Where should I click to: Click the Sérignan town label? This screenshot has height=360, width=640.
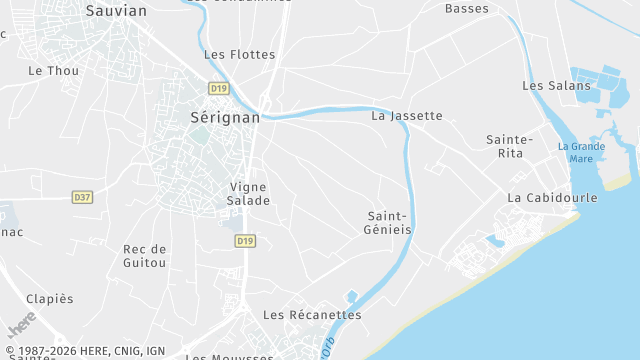(225, 117)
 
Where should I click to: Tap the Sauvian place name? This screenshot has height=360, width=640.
(116, 11)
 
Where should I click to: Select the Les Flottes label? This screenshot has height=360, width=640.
(239, 54)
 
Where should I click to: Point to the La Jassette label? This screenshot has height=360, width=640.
(406, 115)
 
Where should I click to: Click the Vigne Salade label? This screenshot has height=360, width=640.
(250, 193)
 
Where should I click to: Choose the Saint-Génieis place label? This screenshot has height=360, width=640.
(388, 222)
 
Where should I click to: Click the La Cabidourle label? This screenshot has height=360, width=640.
(552, 197)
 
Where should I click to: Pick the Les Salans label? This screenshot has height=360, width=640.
(556, 86)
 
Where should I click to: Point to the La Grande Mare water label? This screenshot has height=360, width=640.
(581, 152)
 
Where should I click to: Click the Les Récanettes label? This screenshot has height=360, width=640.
(312, 314)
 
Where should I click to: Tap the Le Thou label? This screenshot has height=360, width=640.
(54, 70)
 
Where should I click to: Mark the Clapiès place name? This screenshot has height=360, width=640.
(50, 298)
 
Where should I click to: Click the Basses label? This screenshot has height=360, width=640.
(467, 9)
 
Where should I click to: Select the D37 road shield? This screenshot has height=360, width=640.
(82, 197)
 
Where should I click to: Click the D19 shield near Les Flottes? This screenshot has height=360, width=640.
(219, 87)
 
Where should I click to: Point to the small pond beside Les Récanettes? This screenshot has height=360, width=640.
(350, 296)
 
